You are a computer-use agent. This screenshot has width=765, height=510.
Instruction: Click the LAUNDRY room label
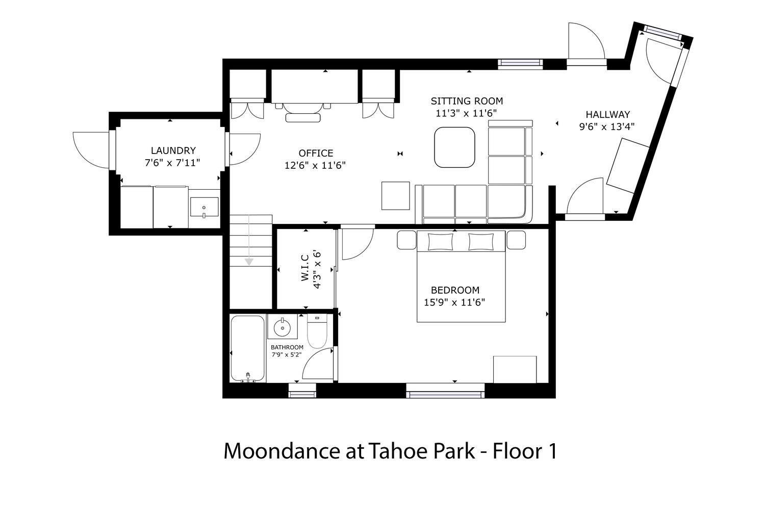click(173, 150)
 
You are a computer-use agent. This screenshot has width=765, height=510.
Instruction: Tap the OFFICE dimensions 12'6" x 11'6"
click(315, 165)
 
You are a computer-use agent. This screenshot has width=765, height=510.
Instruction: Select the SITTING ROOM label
click(467, 101)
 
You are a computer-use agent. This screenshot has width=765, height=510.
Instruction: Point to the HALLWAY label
click(607, 114)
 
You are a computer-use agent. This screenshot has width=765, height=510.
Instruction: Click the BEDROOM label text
click(455, 290)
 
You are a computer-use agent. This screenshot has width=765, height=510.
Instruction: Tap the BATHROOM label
click(287, 347)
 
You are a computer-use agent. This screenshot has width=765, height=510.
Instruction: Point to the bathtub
click(247, 348)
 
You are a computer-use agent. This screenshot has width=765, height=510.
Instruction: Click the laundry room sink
click(204, 207)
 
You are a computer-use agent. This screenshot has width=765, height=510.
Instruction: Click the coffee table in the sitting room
click(454, 147)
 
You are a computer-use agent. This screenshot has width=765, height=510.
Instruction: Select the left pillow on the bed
click(440, 242)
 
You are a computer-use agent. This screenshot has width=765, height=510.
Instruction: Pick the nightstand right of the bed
click(516, 240)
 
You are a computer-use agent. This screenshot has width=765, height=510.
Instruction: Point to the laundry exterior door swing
click(91, 150)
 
